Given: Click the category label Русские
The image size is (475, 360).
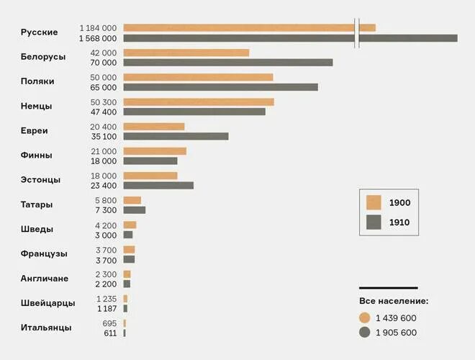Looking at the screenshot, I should click(39, 32).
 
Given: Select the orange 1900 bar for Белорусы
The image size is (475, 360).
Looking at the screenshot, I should click(186, 53).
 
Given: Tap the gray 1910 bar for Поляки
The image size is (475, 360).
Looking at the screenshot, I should click(220, 87).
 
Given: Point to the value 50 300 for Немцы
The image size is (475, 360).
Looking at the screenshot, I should click(102, 102).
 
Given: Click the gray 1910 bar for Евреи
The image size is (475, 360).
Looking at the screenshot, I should click(176, 136).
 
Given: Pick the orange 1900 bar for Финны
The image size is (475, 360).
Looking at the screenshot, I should click(155, 151).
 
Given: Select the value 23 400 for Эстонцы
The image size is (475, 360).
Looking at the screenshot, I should click(102, 185).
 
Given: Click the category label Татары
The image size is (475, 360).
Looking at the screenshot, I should click(37, 204).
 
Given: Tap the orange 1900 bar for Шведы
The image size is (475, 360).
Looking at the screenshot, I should click(130, 225).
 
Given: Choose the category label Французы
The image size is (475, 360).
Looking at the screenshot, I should click(44, 253).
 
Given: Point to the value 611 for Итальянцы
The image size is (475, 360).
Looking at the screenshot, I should click(109, 333).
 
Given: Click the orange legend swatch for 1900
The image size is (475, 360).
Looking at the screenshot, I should click(374, 202).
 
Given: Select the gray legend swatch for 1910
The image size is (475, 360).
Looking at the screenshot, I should click(374, 222).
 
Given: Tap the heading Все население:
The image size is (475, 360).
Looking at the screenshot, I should click(394, 301).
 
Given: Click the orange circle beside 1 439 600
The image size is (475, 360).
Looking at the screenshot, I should click(365, 318).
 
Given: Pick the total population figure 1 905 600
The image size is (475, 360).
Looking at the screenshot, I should click(396, 333).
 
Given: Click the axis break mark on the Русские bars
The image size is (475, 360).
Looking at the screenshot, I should click(357, 33).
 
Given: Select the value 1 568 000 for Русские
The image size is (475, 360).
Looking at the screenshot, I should click(97, 38).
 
